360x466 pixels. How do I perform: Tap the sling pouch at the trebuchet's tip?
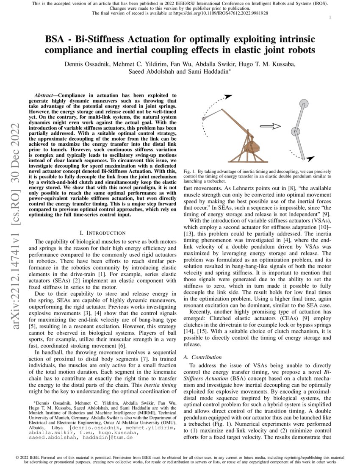click(x=205, y=119)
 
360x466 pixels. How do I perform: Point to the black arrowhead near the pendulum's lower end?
click(x=310, y=158)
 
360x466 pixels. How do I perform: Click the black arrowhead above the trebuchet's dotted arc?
click(x=228, y=97)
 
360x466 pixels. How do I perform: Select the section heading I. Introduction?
click(x=102, y=233)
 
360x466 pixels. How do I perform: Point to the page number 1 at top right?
click(x=330, y=17)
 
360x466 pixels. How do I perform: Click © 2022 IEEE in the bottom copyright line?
click(x=28, y=458)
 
